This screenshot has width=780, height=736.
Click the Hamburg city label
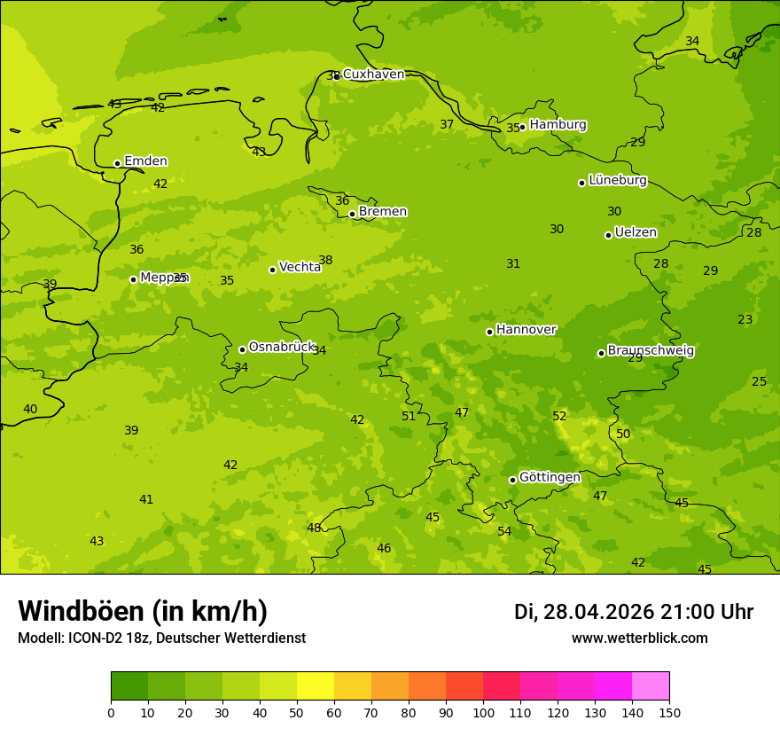[558, 125]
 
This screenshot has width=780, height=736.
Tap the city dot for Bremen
[352, 214]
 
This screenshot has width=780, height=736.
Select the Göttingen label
[550, 477]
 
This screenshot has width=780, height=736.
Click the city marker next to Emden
[117, 163]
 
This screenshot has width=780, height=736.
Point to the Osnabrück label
[282, 347]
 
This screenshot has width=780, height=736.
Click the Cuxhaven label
[373, 74]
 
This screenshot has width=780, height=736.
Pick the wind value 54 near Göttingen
[504, 531]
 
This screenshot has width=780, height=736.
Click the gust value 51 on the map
[409, 416]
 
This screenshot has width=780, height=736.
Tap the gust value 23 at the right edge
[745, 319]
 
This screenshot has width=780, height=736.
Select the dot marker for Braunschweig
[601, 353]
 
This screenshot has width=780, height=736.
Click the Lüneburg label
[617, 180]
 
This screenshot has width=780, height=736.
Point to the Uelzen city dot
[608, 235]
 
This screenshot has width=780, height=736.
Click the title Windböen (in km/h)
[143, 611]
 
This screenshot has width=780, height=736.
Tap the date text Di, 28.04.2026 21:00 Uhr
[633, 612]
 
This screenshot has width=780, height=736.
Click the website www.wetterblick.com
[639, 638]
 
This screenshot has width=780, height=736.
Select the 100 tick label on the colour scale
[483, 712]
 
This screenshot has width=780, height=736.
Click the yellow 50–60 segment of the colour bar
[316, 686]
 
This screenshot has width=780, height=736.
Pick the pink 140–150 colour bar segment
[651, 686]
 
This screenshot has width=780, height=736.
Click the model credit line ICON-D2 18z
[161, 638]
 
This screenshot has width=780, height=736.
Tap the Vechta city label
[300, 267]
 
